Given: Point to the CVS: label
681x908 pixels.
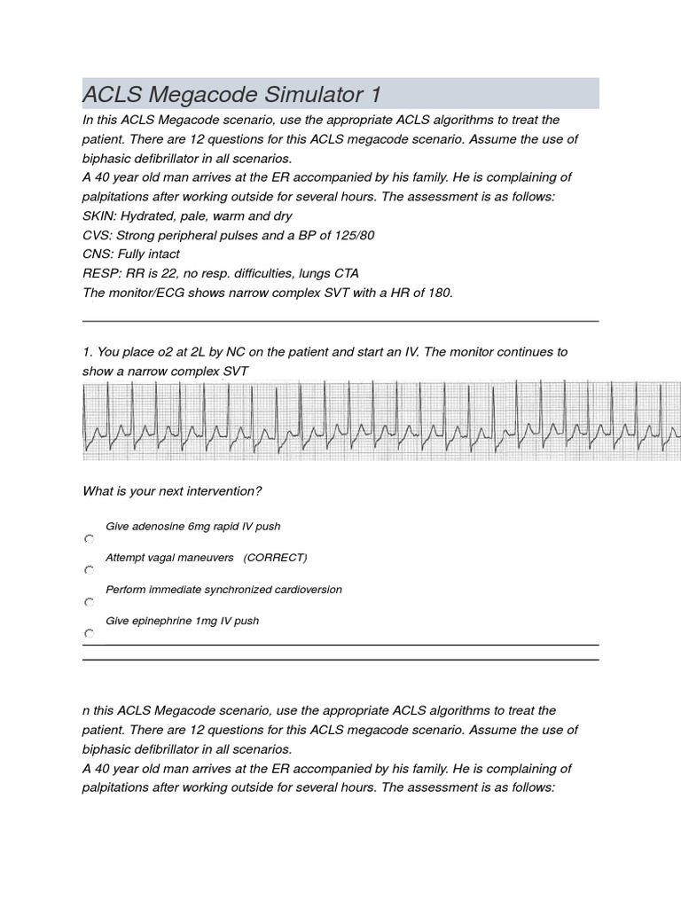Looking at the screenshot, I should [98, 235].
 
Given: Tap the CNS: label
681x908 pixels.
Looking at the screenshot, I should [98, 254].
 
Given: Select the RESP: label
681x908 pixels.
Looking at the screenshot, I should [101, 273].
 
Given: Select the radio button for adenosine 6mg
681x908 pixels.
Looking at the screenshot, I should [89, 539].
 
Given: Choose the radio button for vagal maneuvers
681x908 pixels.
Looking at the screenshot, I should [89, 570].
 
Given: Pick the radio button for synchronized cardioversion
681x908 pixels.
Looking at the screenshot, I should [89, 602].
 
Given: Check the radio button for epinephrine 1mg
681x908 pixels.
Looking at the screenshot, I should [89, 634].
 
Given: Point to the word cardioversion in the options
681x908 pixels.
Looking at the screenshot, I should [307, 590].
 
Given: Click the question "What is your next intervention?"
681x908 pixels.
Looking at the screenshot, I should [172, 491].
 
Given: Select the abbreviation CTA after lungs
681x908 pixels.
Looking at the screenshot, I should [347, 273].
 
